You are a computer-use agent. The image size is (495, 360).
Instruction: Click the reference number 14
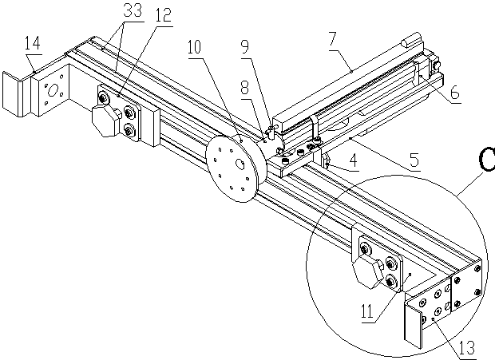[x=33, y=43]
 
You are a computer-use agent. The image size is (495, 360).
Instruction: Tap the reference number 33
[x=133, y=10]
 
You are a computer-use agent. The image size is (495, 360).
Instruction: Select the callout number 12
[x=163, y=15]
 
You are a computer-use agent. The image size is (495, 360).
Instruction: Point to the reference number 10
[x=194, y=47]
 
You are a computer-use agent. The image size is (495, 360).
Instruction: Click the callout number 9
[x=245, y=46]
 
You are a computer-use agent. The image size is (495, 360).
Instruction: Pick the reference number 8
[x=245, y=88]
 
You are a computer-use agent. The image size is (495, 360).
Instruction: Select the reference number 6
[x=455, y=92]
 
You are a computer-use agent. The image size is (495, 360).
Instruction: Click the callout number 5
[x=414, y=160]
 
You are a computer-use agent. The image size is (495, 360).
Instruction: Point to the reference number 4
[x=354, y=160]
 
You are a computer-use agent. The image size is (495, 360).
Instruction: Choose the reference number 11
[x=367, y=311]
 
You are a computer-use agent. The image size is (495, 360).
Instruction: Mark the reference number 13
[x=467, y=348]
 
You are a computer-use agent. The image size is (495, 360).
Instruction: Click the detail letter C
[x=486, y=160]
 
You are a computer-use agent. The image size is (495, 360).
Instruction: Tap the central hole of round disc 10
[x=240, y=164]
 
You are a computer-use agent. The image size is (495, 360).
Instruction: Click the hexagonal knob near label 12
[x=106, y=121]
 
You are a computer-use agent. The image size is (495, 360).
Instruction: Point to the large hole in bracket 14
[x=52, y=91]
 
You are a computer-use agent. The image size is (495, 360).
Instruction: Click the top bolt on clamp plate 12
[x=103, y=98]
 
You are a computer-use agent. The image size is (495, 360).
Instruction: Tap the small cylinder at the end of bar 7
[x=408, y=42]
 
